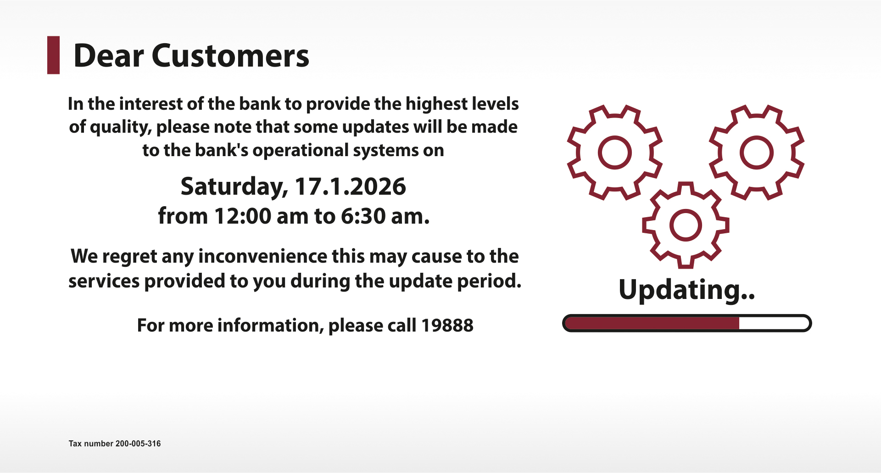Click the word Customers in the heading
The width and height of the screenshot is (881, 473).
tap(230, 56)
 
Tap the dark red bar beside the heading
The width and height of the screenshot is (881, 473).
tap(54, 55)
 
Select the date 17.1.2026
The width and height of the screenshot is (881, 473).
tap(350, 186)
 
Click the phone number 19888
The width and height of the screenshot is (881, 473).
tap(447, 326)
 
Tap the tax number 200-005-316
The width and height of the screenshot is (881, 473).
tap(138, 444)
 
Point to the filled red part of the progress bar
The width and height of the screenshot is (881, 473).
tap(652, 323)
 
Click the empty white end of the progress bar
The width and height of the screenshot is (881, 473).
tap(774, 323)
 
